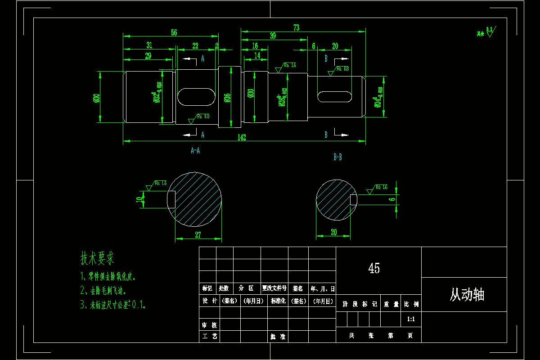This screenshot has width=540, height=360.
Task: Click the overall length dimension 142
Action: coord(242,137)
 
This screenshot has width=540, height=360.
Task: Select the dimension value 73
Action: coord(296,28)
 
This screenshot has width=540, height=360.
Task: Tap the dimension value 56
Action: coord(174,32)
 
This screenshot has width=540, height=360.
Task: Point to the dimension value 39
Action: coord(273,36)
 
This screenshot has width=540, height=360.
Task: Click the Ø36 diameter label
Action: coord(227,98)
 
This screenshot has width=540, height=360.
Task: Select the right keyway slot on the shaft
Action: coord(335,96)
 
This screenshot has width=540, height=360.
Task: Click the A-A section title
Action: coord(195,151)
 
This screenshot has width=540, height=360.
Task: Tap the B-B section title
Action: coord(337,157)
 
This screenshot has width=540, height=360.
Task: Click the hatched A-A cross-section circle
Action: coord(194,197)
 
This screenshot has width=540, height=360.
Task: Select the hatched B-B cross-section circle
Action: coord(334,199)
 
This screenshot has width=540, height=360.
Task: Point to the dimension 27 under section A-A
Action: coord(198,234)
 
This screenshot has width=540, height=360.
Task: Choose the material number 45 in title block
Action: coord(374,269)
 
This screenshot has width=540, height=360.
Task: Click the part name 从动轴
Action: coord(467,295)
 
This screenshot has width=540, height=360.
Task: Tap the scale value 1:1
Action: coord(410,319)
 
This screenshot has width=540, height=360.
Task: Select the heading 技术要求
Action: coord(97,258)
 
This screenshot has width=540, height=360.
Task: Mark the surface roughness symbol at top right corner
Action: coord(486,32)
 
